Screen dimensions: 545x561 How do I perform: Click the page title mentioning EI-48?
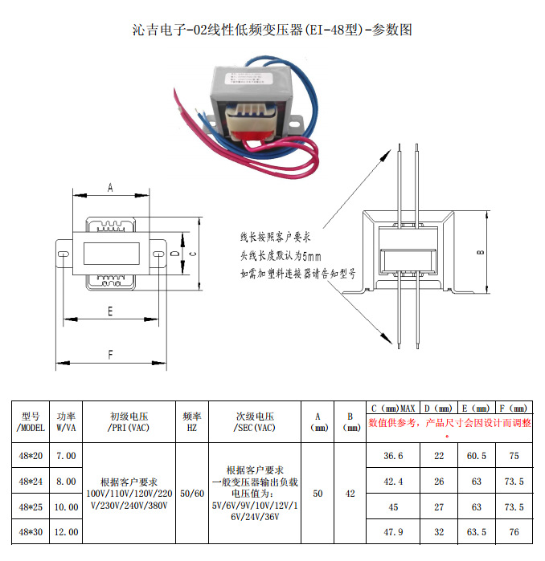[x=272, y=30]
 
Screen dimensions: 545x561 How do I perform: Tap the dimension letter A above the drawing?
[x=110, y=188]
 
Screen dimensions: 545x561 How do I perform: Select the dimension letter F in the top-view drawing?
[x=110, y=354]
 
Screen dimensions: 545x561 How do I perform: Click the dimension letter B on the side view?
[x=480, y=253]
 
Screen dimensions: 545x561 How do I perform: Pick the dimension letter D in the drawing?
[x=175, y=254]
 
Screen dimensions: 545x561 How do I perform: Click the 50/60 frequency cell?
[x=191, y=494]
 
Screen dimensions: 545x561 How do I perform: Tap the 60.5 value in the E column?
[x=476, y=456]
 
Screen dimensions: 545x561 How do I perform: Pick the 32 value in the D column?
[x=439, y=532]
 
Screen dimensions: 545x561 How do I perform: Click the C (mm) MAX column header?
[x=393, y=408]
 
